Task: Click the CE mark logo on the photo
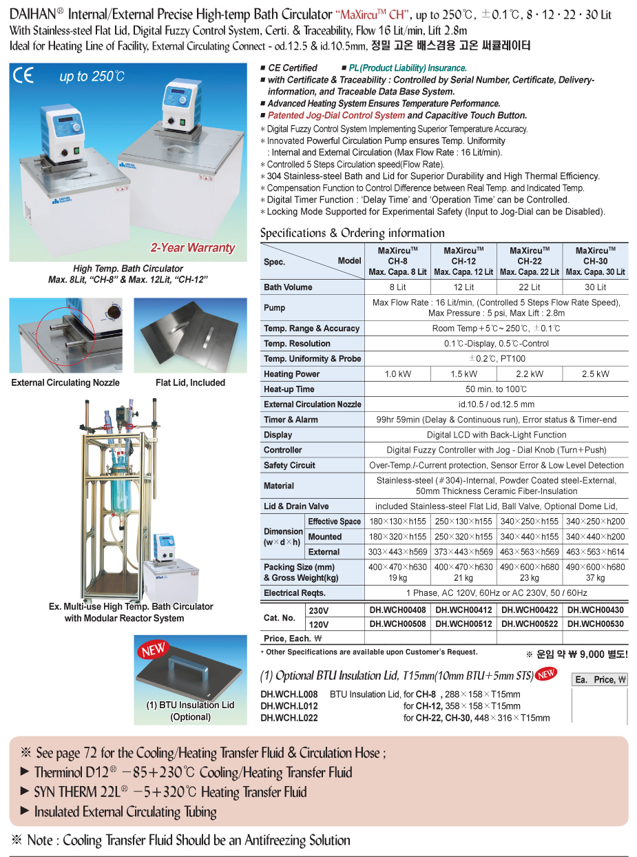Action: pyautogui.click(x=23, y=75)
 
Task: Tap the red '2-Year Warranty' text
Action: pyautogui.click(x=193, y=248)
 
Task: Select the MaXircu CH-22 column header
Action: pyautogui.click(x=529, y=261)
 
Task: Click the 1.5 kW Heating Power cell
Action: pyautogui.click(x=463, y=374)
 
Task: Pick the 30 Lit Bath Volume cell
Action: pyautogui.click(x=595, y=287)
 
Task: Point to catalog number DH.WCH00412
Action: pyautogui.click(x=463, y=610)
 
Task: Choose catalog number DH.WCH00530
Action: pyautogui.click(x=595, y=624)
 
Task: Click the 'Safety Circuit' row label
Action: pyautogui.click(x=289, y=465)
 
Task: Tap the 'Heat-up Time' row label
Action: pyautogui.click(x=289, y=389)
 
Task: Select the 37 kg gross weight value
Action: pyautogui.click(x=595, y=578)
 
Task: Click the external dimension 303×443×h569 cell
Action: pyautogui.click(x=397, y=552)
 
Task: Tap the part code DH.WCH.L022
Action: pyautogui.click(x=289, y=718)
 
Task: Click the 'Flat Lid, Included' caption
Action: pyautogui.click(x=190, y=383)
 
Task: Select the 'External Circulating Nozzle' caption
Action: pyautogui.click(x=65, y=383)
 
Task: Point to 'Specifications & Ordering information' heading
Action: pyautogui.click(x=352, y=233)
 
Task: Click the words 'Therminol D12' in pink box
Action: pyautogui.click(x=76, y=772)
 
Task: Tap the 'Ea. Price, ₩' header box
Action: pyautogui.click(x=600, y=680)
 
